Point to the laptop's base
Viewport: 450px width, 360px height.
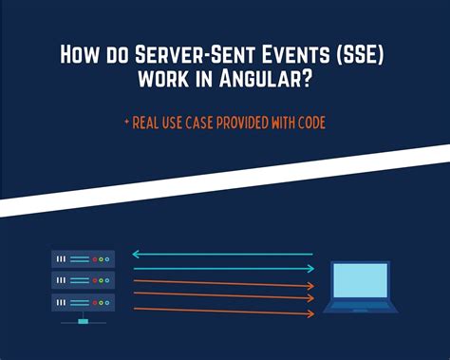tap(361, 308)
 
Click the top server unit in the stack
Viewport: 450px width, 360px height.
tap(83, 257)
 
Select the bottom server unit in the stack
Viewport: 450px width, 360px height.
tap(83, 301)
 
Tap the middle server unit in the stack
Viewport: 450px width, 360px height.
tap(83, 279)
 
